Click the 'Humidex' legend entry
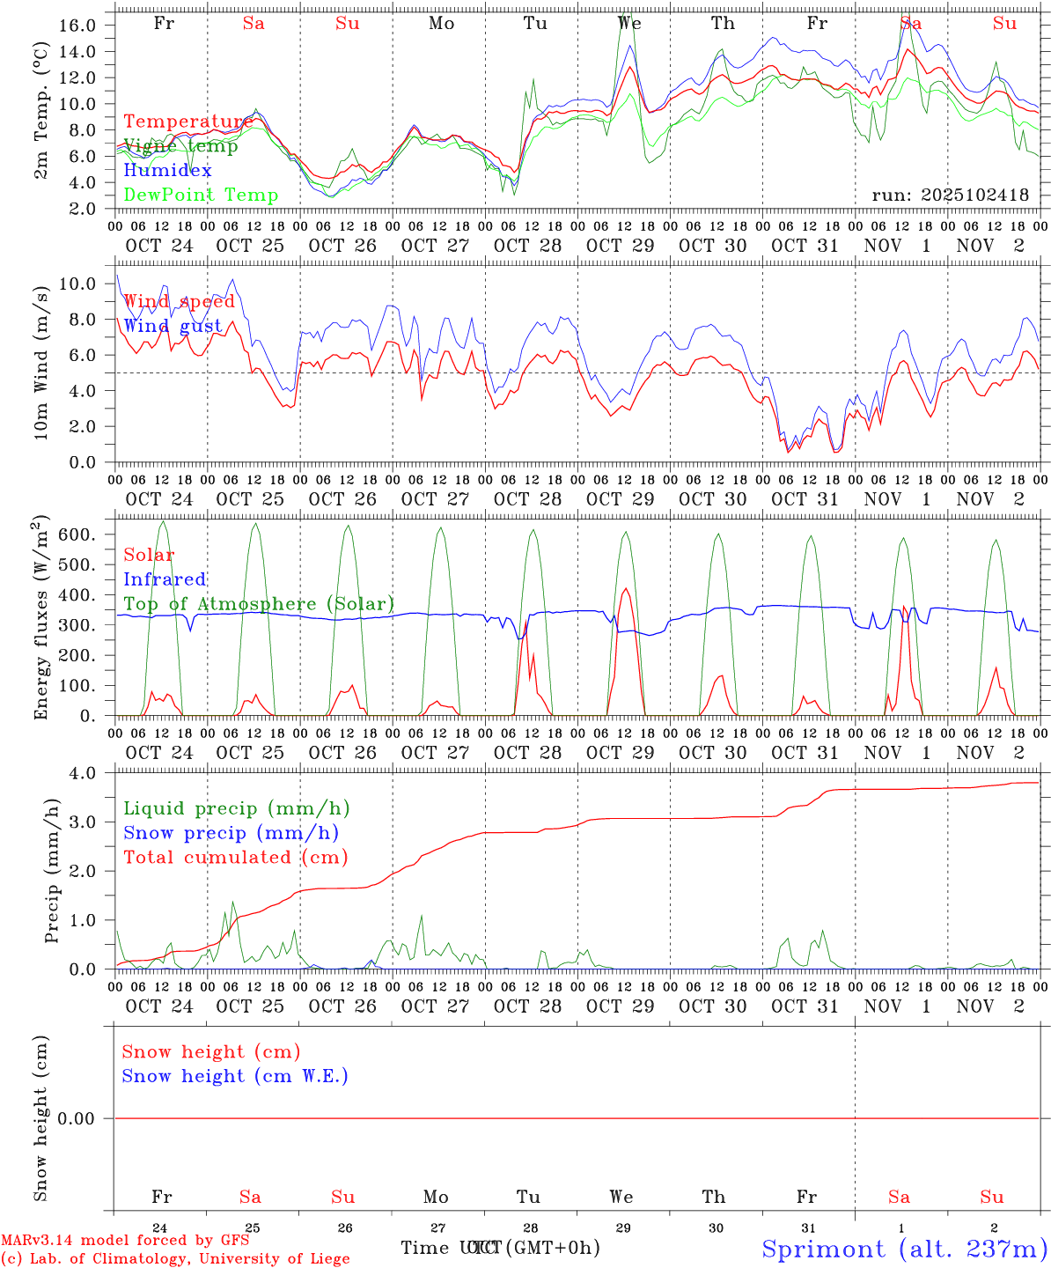[x=167, y=171]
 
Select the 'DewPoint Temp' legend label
[x=201, y=195]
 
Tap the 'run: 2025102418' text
[x=950, y=195]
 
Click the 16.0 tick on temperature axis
[x=77, y=26]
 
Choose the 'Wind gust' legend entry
[x=173, y=326]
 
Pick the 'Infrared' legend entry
[x=165, y=579]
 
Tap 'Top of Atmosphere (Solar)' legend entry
[x=258, y=604]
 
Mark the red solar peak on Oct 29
[x=625, y=589]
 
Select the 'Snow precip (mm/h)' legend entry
[x=231, y=833]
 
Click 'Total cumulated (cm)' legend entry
[x=235, y=858]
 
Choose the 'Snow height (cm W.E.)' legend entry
[x=235, y=1076]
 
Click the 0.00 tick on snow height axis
[x=82, y=1118]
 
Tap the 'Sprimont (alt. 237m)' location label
[x=904, y=1249]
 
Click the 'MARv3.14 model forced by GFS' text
[x=125, y=1241]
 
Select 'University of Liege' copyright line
[x=175, y=1259]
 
